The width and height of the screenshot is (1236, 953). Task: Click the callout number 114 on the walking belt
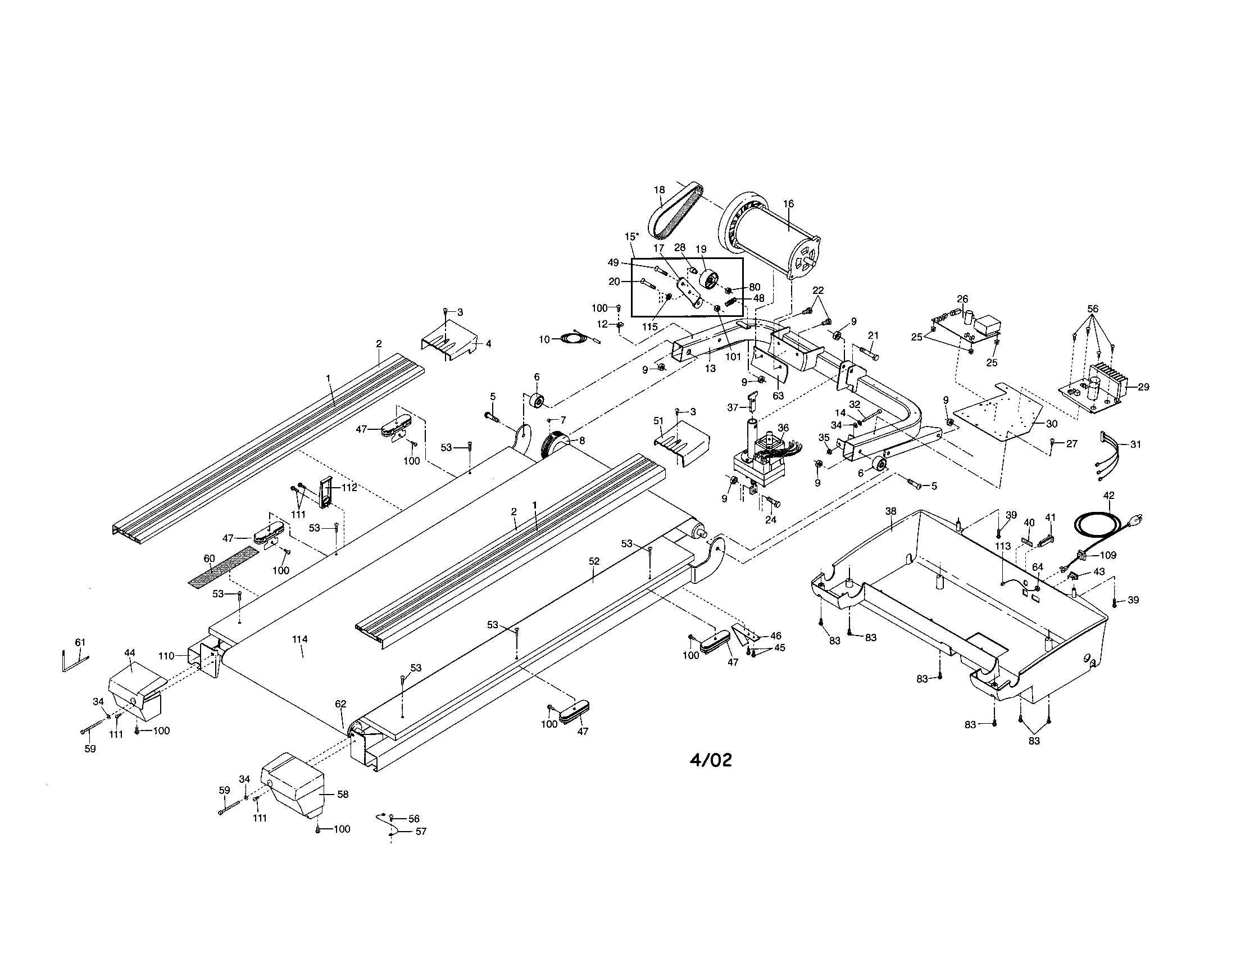299,639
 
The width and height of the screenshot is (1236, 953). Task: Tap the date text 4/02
710,760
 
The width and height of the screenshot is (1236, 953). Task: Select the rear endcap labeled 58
294,784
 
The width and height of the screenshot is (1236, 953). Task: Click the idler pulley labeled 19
707,279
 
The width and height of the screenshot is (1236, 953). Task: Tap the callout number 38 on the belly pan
890,511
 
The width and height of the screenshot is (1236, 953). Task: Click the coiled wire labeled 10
574,339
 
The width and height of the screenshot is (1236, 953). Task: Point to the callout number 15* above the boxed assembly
631,236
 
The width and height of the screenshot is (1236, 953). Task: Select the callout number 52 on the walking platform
594,561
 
